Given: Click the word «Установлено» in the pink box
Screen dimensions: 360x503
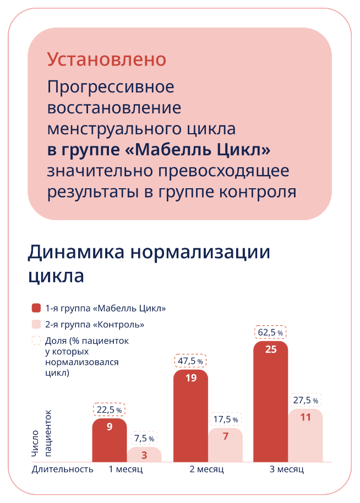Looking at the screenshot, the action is click(x=107, y=59).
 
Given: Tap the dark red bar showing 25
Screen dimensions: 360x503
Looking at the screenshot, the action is click(x=270, y=401).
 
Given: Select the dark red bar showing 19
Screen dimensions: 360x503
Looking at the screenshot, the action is click(x=190, y=415).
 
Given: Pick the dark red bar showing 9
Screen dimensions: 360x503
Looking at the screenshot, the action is click(x=110, y=440).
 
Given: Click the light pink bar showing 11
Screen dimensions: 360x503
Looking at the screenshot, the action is click(x=306, y=435).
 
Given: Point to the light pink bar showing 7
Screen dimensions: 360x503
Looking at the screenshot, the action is click(x=226, y=445).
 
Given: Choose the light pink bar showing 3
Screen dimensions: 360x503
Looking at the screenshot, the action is click(x=144, y=455).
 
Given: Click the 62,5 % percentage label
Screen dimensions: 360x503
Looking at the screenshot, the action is click(x=270, y=332).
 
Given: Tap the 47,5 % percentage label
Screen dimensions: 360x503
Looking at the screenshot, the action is click(x=190, y=361).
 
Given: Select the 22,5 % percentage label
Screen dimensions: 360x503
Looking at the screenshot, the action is click(x=110, y=409).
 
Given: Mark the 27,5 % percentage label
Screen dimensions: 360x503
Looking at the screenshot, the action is click(x=306, y=400).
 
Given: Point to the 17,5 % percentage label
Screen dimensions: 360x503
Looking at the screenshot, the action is click(x=226, y=419).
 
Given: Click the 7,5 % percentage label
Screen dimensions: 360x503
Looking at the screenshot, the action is click(x=144, y=438).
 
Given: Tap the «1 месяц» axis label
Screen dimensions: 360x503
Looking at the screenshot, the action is click(x=126, y=469).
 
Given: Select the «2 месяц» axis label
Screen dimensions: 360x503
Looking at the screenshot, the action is click(x=206, y=469).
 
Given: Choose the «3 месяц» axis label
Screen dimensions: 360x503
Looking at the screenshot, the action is click(x=287, y=469).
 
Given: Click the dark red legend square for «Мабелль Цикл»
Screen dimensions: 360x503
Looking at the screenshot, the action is click(x=36, y=308).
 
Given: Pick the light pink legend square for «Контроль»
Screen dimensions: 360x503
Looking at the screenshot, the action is click(x=36, y=324).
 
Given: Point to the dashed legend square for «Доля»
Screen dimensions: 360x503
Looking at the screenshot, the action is click(x=36, y=340).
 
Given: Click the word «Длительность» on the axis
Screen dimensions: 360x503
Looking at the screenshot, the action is click(x=62, y=469).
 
